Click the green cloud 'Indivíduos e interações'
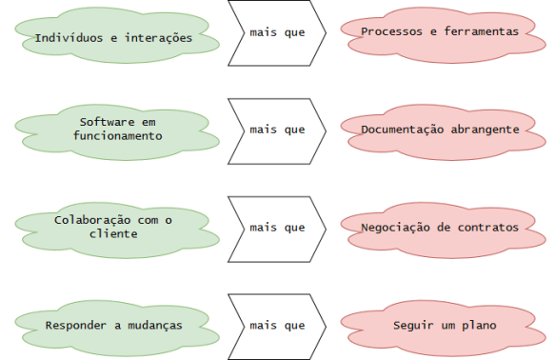tap(113, 37)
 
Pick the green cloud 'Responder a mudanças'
tap(113, 325)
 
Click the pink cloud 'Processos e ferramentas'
tap(440, 31)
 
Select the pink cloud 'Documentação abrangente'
tap(440, 129)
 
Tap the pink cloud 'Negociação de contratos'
tap(440, 228)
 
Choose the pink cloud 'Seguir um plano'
tap(440, 325)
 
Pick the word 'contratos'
tap(487, 228)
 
